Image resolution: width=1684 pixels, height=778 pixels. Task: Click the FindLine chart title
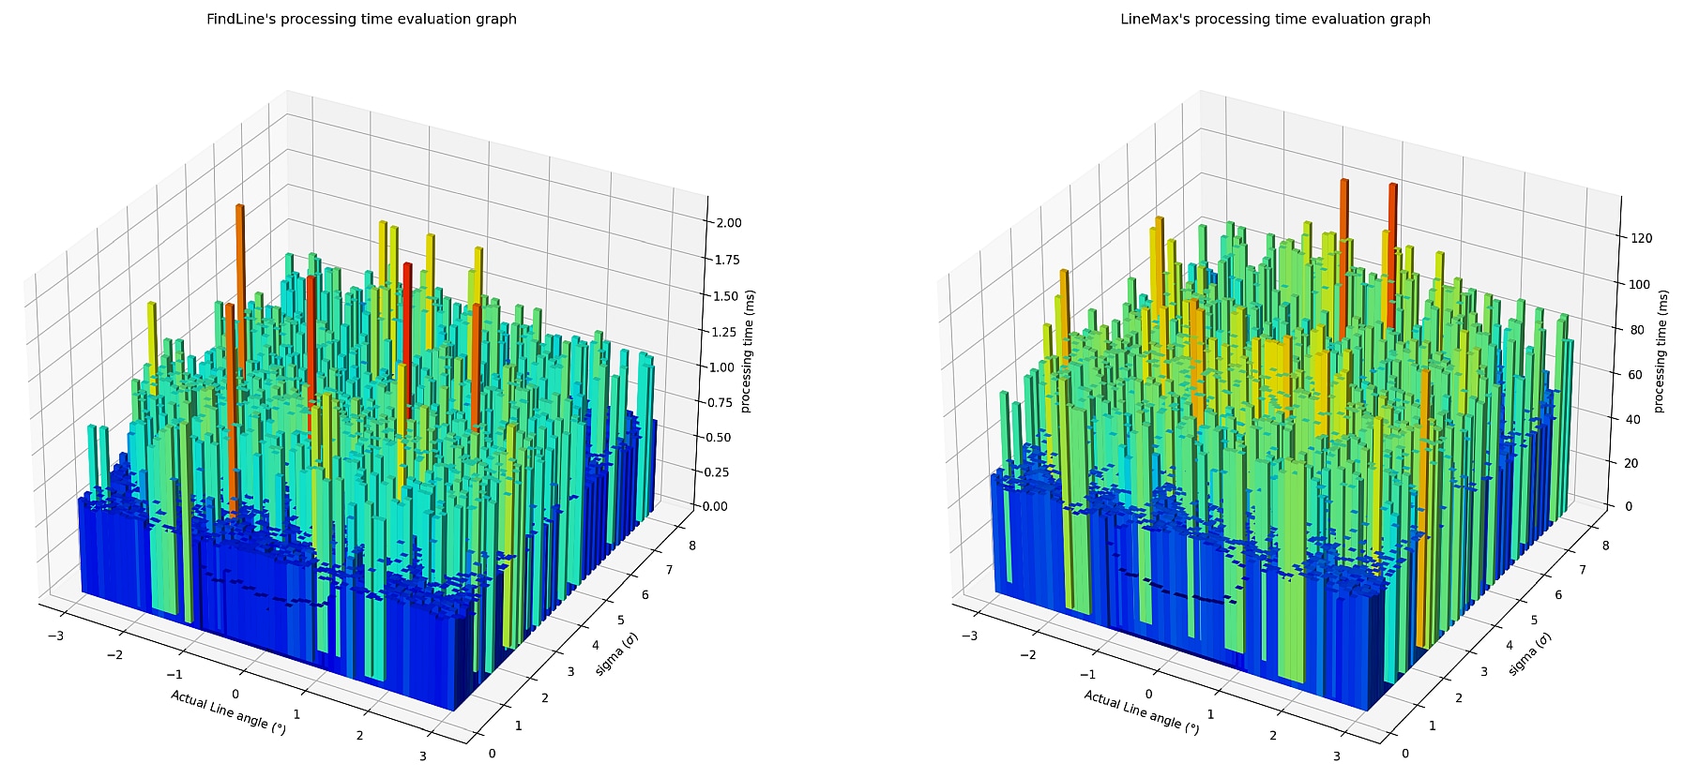(x=361, y=19)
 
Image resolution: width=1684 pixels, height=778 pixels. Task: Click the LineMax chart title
(x=1275, y=19)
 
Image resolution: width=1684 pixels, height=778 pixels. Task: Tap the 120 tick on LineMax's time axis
(x=1641, y=238)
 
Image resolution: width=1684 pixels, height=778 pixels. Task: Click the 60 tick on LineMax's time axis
(x=1637, y=375)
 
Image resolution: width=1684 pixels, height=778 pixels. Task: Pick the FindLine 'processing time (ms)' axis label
(x=748, y=352)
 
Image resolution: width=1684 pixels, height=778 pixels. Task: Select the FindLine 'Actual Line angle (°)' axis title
(x=228, y=711)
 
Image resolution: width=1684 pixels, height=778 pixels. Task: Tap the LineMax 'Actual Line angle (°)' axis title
(x=1141, y=711)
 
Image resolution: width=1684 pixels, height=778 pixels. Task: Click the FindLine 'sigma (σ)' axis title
(x=616, y=654)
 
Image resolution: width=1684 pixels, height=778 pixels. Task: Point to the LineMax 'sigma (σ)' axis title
(x=1529, y=654)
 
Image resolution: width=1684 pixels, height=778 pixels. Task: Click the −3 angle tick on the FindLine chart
(x=55, y=636)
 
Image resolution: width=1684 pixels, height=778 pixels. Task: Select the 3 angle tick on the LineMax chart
(x=1336, y=756)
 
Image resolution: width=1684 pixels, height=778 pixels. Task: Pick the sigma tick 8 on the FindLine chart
(x=692, y=546)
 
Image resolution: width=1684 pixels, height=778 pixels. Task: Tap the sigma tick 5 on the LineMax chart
(x=1533, y=621)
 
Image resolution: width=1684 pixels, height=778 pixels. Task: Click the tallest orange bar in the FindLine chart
(x=240, y=281)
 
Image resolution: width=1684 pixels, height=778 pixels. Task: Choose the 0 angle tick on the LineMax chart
(x=1148, y=695)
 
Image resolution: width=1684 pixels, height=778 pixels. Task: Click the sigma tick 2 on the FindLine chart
(x=544, y=697)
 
